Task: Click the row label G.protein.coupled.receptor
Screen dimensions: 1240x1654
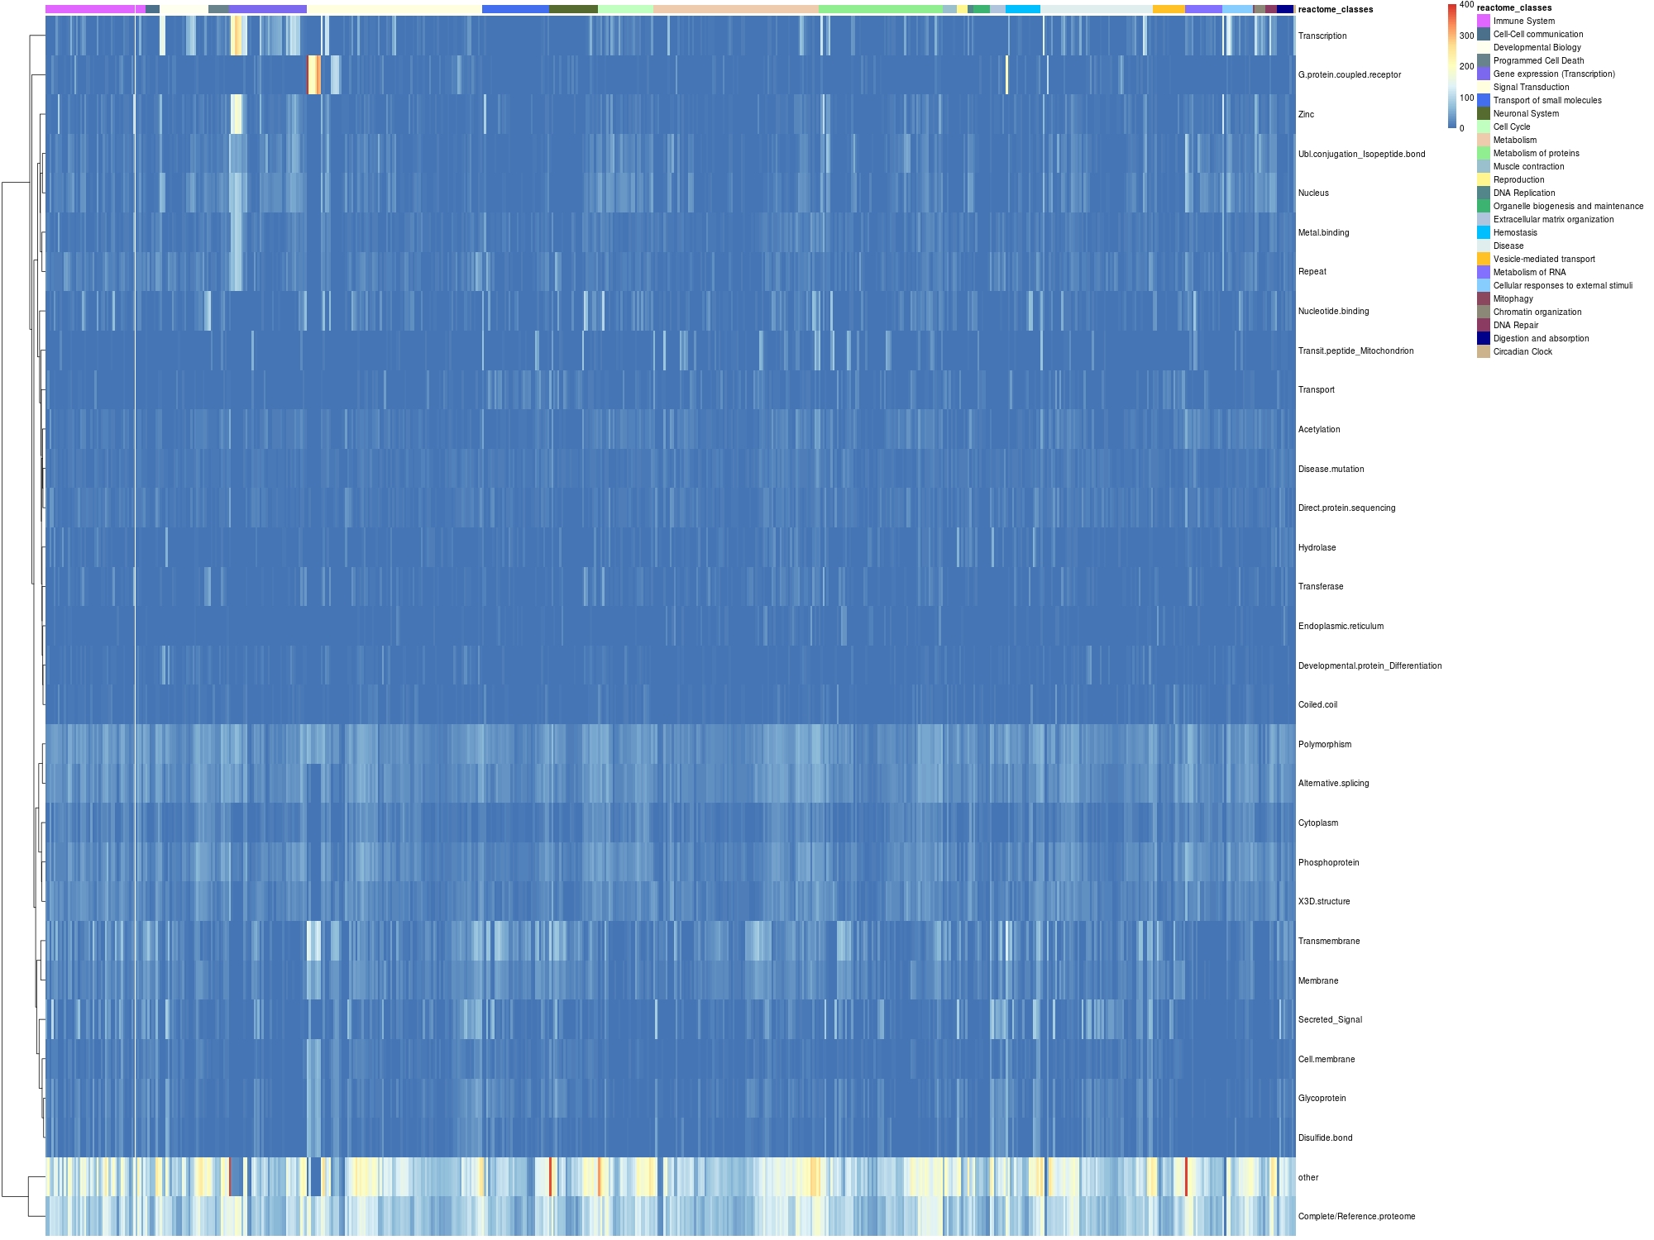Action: [x=1349, y=75]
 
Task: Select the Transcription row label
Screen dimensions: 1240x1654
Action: [x=1322, y=36]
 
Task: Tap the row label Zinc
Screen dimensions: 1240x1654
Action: [x=1306, y=115]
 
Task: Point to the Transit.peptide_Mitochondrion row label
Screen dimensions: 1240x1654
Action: [x=1355, y=351]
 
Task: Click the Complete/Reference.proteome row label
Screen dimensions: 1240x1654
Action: [x=1356, y=1217]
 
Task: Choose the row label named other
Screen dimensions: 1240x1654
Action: [x=1308, y=1178]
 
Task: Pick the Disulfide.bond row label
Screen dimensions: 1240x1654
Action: [x=1325, y=1138]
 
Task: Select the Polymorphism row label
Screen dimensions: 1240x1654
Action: [x=1324, y=745]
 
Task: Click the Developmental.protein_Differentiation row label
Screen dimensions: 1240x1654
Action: [x=1370, y=666]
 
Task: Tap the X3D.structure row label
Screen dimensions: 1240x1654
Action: [x=1323, y=902]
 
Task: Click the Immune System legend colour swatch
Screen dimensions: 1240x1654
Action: [x=1484, y=21]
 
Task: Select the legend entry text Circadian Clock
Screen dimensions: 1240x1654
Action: [x=1523, y=352]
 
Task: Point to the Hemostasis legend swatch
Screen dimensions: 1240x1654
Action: [x=1484, y=233]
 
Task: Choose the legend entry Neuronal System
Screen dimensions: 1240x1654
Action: [x=1526, y=114]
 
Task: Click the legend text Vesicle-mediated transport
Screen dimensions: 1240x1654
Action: [x=1544, y=260]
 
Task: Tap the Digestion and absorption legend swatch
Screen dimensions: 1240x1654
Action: [x=1484, y=339]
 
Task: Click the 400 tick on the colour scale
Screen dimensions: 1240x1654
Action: [x=1466, y=5]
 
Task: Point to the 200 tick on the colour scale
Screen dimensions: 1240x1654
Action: [x=1466, y=67]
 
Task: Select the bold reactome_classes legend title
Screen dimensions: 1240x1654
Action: [x=1514, y=8]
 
